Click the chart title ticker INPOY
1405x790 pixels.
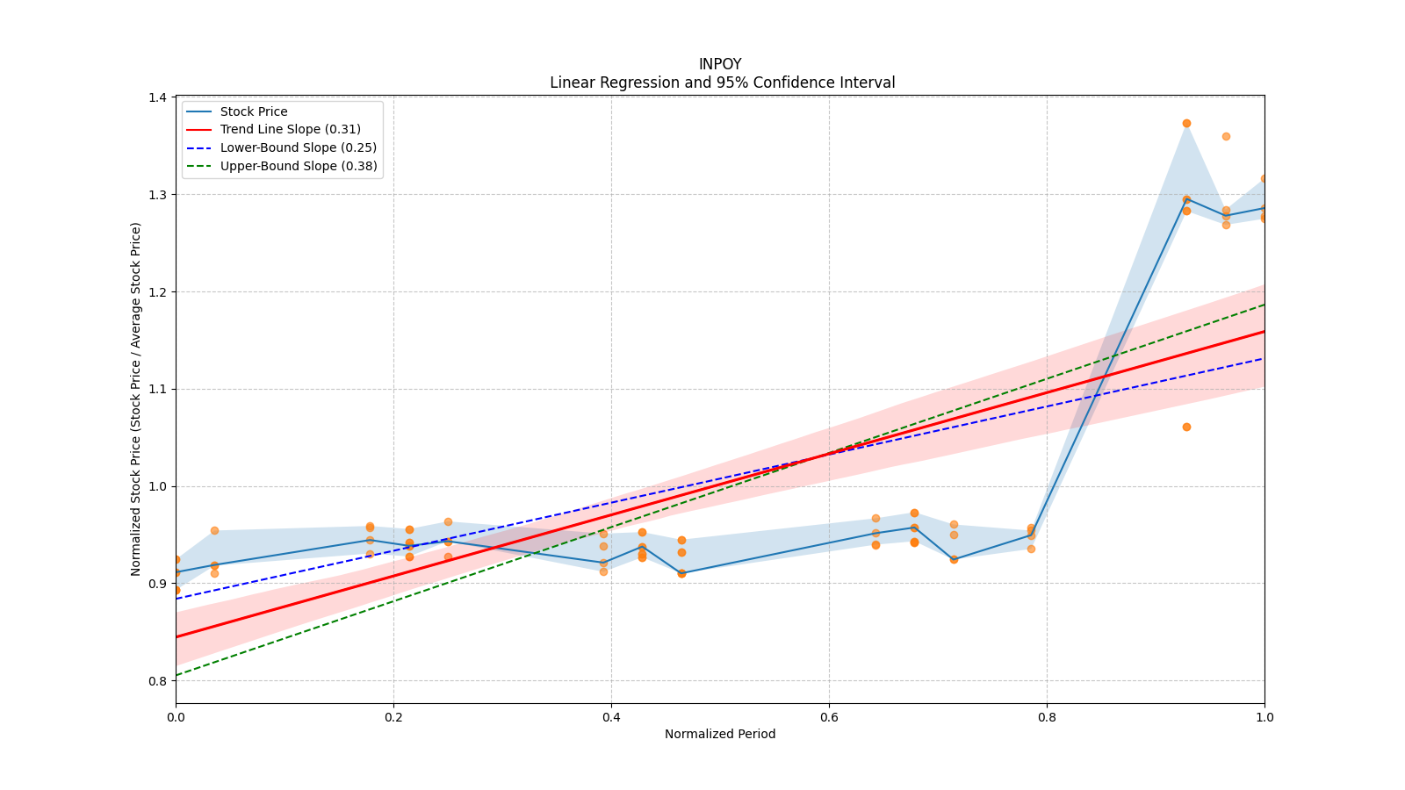point(720,64)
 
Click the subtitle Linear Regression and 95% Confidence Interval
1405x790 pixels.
point(722,83)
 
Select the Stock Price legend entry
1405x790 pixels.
point(254,111)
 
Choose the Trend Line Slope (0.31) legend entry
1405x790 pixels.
point(290,130)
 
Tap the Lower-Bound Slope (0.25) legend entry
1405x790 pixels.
point(298,147)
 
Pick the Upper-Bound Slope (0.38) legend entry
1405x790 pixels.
point(299,166)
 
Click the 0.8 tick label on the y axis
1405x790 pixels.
point(158,681)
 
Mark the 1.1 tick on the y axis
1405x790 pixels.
point(158,389)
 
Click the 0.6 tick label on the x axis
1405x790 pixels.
point(829,717)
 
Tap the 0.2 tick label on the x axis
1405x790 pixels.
point(393,717)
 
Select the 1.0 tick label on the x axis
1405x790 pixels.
point(1264,717)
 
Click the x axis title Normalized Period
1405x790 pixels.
point(720,734)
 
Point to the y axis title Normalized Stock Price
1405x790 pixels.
point(136,399)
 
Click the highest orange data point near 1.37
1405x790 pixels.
point(1186,123)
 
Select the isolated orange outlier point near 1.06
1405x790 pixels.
point(1186,427)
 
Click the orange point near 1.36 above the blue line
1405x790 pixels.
point(1226,136)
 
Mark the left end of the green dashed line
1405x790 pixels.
point(177,675)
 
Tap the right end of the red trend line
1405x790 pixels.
point(1264,331)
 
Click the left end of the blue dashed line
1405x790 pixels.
point(177,599)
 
